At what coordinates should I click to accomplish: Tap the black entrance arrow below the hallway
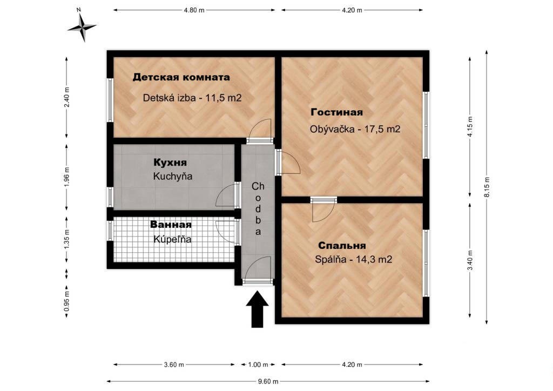point(257,309)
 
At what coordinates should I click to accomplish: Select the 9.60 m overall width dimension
point(268,381)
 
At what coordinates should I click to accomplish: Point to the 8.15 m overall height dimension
point(487,187)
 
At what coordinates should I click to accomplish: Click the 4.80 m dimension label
point(194,10)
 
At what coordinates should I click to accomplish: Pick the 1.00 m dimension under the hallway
point(258,365)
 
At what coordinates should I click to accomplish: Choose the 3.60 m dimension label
point(174,365)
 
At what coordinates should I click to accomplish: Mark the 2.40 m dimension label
point(66,97)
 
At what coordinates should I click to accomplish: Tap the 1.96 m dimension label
point(66,177)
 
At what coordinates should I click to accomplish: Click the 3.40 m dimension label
point(470,260)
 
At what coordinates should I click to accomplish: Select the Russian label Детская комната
point(181,77)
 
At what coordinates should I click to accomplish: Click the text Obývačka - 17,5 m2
point(355,129)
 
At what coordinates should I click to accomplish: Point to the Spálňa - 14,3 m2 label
point(353,259)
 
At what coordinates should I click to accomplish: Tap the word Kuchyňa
point(173,176)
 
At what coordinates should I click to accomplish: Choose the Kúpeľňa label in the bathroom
point(172,239)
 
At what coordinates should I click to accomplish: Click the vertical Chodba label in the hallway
point(258,208)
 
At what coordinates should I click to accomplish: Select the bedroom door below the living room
point(323,209)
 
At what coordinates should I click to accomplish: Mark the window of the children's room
point(110,100)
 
